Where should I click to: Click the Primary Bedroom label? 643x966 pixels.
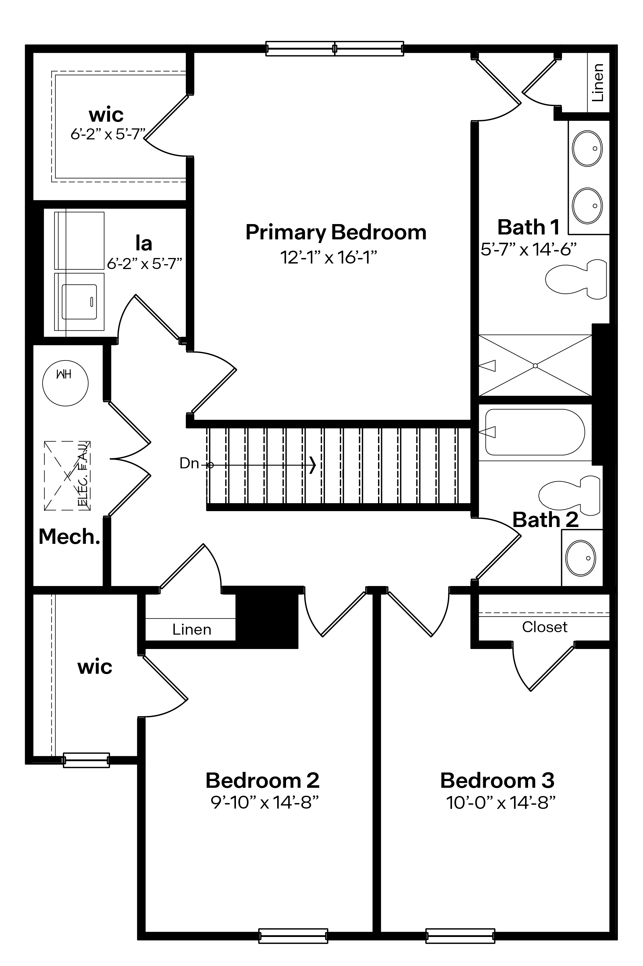click(x=336, y=233)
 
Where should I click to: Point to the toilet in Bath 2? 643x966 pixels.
click(x=569, y=496)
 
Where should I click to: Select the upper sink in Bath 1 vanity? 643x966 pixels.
click(x=587, y=149)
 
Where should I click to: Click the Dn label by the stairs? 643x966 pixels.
click(x=189, y=463)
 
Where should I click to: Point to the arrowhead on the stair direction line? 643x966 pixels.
click(x=313, y=465)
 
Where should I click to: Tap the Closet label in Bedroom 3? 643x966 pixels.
click(x=545, y=627)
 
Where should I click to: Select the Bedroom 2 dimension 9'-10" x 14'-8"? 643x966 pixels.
click(x=264, y=803)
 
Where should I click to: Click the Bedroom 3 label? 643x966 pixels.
click(x=497, y=780)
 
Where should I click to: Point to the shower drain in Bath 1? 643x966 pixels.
click(x=535, y=366)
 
